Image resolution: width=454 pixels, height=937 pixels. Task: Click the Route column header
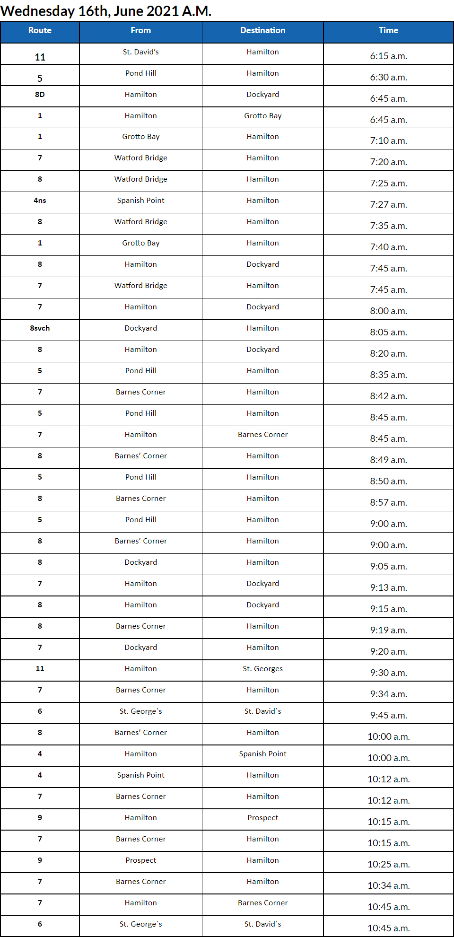(40, 30)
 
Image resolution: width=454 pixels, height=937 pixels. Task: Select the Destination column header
(262, 30)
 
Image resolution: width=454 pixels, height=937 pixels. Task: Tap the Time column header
(388, 30)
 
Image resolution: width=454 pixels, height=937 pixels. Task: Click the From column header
(140, 30)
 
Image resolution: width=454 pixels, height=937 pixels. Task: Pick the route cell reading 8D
(40, 95)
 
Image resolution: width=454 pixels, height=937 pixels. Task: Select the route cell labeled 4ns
(40, 201)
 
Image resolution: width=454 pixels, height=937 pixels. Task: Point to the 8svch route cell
(40, 328)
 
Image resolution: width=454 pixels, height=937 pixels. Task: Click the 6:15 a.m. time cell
(388, 56)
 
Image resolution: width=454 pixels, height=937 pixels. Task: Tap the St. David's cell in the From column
(140, 52)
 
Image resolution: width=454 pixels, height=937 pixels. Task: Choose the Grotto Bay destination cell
(262, 116)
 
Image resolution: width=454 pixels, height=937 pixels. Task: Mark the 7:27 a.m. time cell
(388, 204)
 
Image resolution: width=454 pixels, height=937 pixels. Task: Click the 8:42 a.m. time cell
(388, 396)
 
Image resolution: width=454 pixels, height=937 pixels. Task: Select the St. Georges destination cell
(262, 669)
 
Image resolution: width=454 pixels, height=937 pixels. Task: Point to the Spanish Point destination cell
(262, 754)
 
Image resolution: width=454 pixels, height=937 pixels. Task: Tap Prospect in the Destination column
(262, 818)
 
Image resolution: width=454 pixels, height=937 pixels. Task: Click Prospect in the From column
(140, 860)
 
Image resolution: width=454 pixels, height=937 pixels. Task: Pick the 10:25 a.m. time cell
(388, 864)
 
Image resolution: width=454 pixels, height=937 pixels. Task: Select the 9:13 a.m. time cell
(388, 587)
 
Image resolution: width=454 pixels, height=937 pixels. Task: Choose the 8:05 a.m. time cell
(388, 332)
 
